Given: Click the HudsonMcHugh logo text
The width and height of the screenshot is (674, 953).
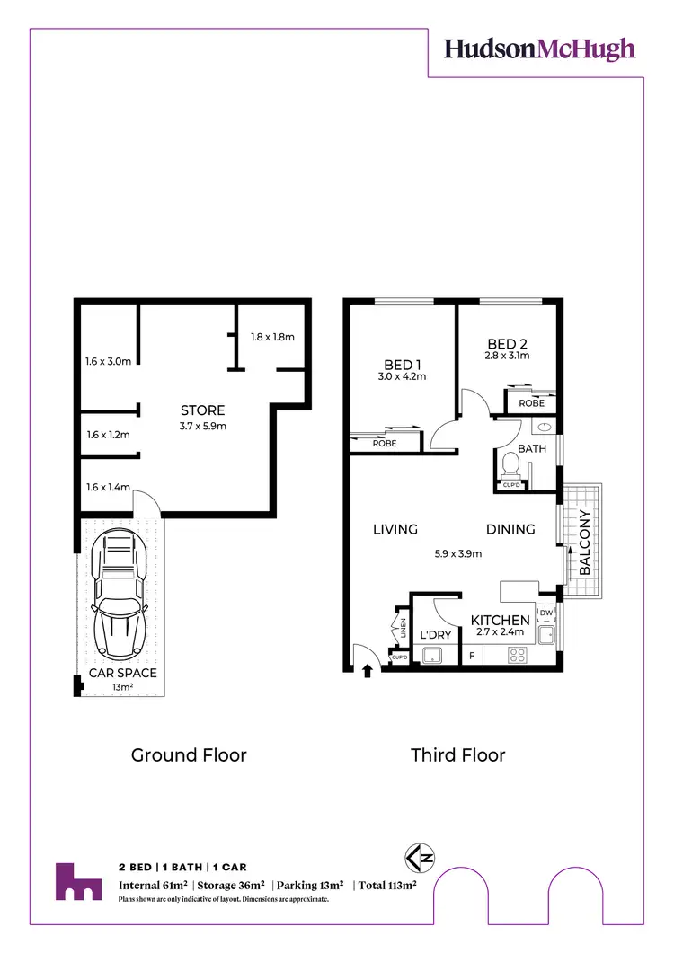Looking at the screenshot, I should click(x=539, y=49).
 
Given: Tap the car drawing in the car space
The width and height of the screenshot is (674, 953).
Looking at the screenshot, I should click(x=120, y=592).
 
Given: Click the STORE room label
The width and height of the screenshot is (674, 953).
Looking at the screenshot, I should click(x=202, y=410).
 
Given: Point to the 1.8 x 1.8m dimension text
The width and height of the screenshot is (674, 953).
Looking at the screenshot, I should click(x=272, y=337).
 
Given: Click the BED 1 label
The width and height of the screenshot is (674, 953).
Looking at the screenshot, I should click(x=403, y=364).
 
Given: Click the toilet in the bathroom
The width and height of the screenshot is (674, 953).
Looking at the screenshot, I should click(x=510, y=465).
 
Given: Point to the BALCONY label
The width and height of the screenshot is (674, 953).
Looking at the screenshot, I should click(x=584, y=543).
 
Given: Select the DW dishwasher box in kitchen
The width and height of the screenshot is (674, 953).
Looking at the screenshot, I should click(x=545, y=613).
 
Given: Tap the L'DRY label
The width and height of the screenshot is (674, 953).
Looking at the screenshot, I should click(x=436, y=636).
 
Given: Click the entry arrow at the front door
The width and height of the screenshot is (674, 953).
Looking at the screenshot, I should click(x=367, y=669).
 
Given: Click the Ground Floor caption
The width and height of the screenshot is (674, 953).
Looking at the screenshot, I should click(x=189, y=754).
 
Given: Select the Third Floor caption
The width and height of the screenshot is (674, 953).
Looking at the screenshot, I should click(x=458, y=754).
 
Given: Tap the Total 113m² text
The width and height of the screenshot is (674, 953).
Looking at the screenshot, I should click(x=387, y=886).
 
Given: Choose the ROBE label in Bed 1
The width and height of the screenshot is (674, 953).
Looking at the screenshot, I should click(x=385, y=443).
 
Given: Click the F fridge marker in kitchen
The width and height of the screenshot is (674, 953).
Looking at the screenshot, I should click(x=472, y=657).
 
